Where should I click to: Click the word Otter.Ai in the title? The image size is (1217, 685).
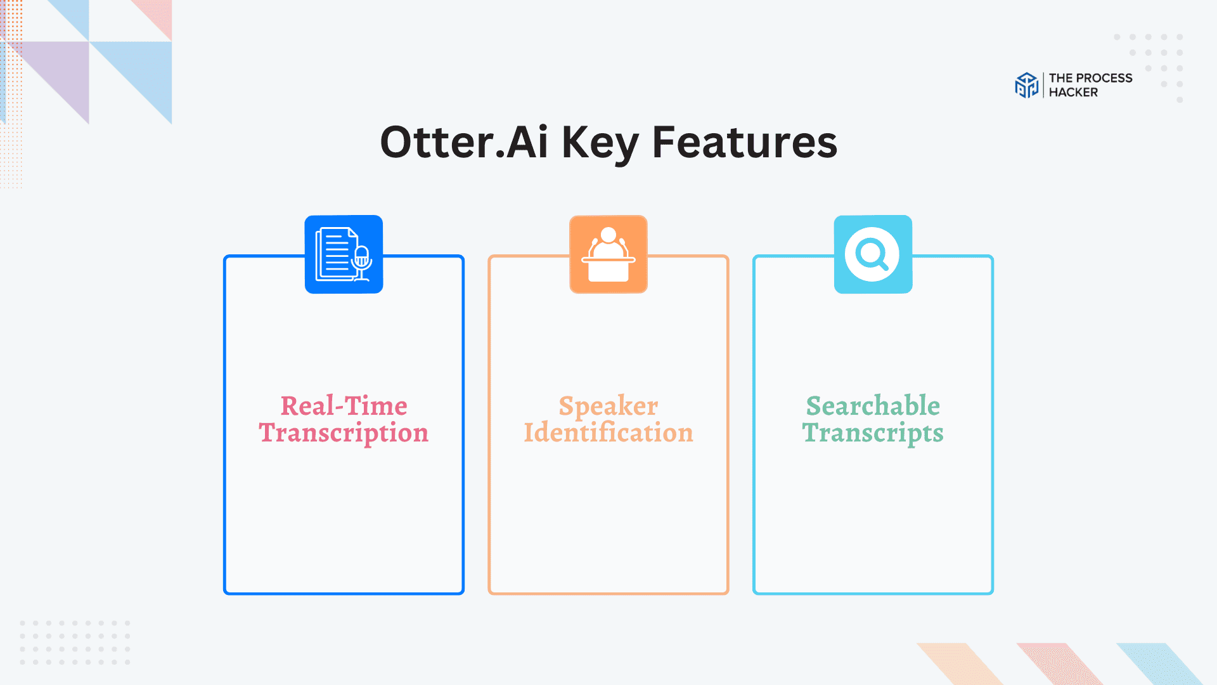463,142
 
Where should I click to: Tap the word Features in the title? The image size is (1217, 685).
745,142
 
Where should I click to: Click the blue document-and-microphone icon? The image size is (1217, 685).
344,254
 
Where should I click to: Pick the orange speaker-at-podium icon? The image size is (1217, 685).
608,254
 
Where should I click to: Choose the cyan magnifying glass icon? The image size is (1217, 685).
873,254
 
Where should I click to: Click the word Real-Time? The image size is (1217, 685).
344,406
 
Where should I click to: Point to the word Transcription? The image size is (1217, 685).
344,433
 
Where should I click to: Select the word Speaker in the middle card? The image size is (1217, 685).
608,406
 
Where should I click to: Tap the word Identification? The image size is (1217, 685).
608,433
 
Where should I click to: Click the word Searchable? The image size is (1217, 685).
873,406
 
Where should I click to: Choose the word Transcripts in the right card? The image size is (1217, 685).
873,433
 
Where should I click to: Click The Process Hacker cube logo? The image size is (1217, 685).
1026,85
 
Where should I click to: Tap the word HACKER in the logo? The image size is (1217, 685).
1073,93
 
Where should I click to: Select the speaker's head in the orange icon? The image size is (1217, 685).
608,235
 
